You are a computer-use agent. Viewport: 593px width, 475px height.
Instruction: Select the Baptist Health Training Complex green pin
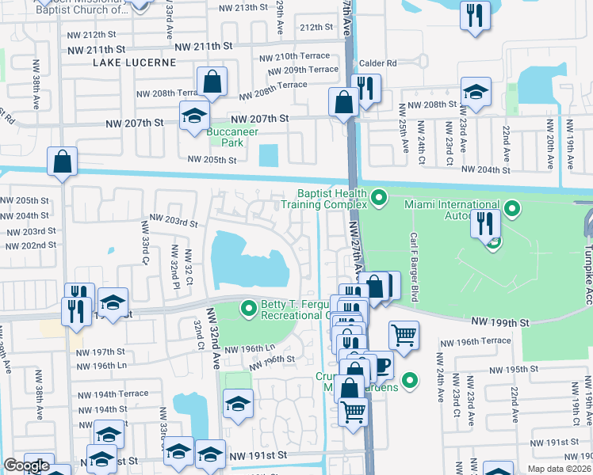tap(379, 196)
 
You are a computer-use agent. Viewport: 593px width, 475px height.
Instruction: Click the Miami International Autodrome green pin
tap(513, 210)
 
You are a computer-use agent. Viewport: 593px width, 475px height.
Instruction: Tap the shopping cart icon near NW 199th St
tap(404, 335)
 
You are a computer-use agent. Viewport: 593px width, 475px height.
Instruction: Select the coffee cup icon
tap(380, 365)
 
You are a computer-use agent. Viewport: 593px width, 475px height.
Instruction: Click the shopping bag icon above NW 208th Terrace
tap(212, 81)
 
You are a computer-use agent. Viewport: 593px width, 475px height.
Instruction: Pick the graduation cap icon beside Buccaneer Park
tap(193, 116)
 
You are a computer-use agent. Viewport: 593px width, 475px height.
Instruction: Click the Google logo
tap(26, 465)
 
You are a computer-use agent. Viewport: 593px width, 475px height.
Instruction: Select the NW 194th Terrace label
tap(113, 393)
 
